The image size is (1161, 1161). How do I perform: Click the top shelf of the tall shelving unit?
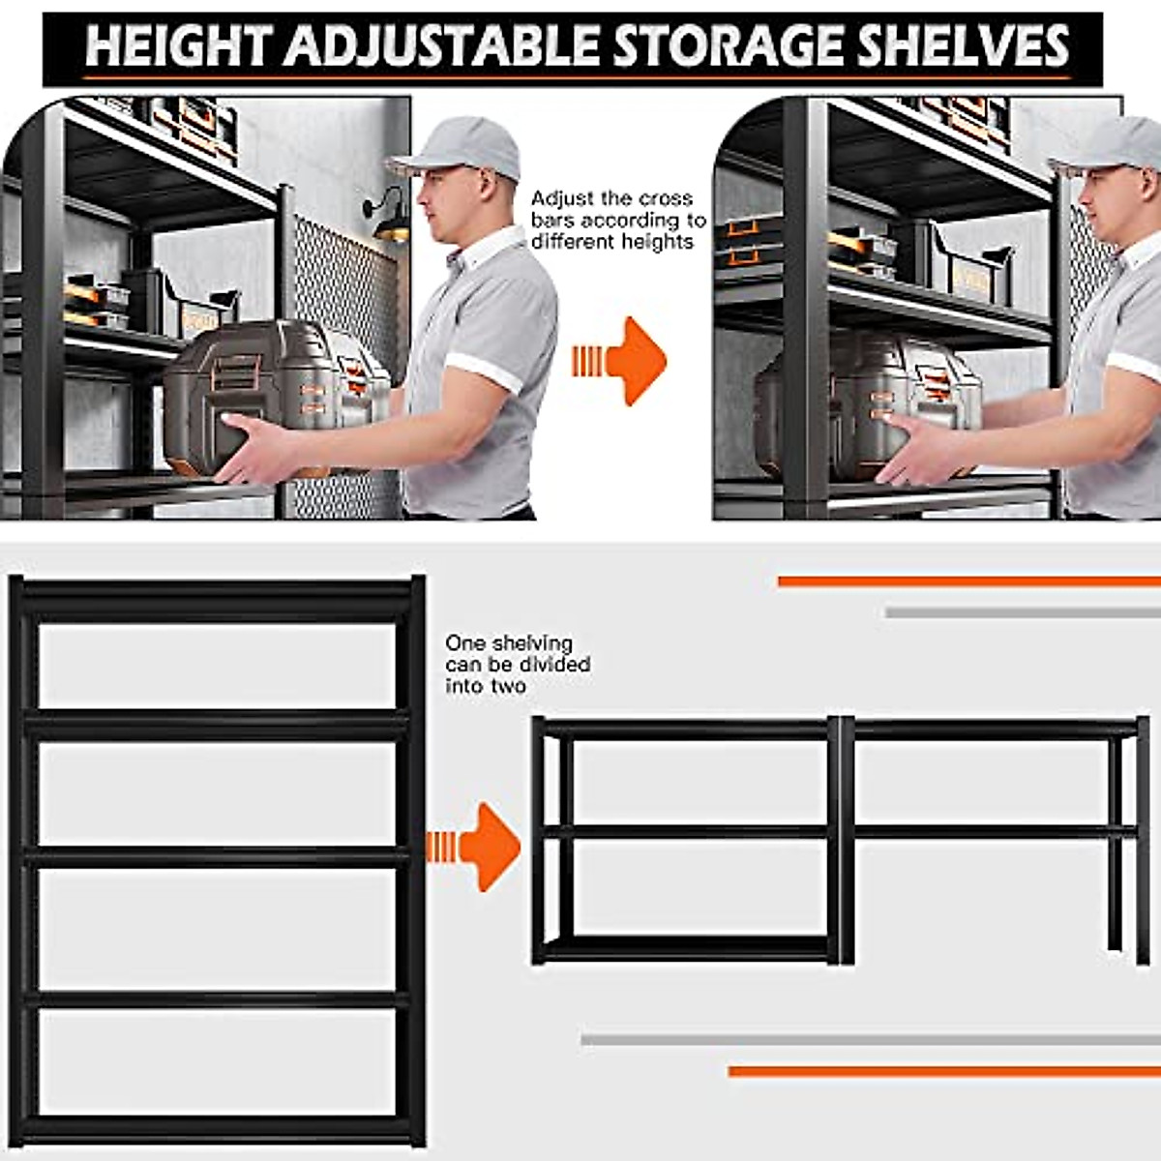coord(218,601)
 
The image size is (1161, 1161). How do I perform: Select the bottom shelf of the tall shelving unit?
coord(218,1127)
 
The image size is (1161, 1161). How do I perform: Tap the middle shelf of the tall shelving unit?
coord(218,856)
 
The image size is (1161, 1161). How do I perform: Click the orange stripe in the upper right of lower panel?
coord(967,581)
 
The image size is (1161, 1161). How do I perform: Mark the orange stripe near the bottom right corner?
coord(943,1071)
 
